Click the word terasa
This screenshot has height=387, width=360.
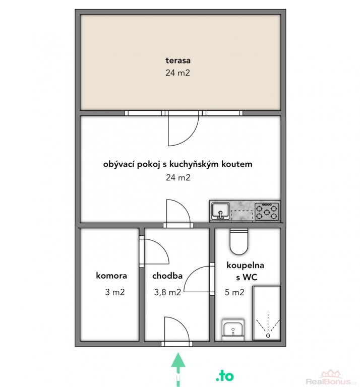(178, 60)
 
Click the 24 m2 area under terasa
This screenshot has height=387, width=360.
(178, 73)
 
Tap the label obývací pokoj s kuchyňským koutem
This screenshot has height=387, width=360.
(178, 164)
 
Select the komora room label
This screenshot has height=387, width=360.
(111, 276)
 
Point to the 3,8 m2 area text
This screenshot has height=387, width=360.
(168, 292)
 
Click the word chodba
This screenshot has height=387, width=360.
(167, 276)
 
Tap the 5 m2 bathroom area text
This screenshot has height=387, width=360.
(234, 292)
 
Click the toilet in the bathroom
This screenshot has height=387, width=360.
(239, 241)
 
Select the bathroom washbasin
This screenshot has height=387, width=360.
(233, 330)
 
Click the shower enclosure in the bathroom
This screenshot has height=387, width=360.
(266, 313)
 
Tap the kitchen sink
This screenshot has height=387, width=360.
(220, 211)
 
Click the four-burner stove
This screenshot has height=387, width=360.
(267, 211)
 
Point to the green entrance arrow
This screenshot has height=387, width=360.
(178, 369)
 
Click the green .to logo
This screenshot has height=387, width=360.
(225, 376)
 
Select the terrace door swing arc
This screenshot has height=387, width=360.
(188, 135)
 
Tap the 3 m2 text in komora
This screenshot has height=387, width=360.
(115, 292)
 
